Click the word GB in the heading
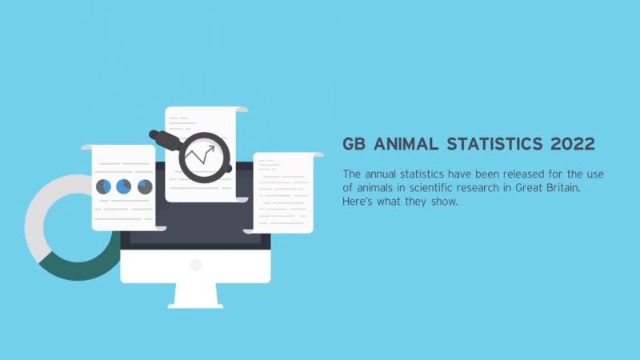(x=355, y=145)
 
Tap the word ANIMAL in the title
(x=411, y=145)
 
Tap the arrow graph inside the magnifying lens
(x=200, y=156)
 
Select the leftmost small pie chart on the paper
(x=104, y=186)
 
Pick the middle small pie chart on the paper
(x=124, y=186)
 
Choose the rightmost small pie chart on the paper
(x=145, y=186)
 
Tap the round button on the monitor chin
(x=196, y=264)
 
